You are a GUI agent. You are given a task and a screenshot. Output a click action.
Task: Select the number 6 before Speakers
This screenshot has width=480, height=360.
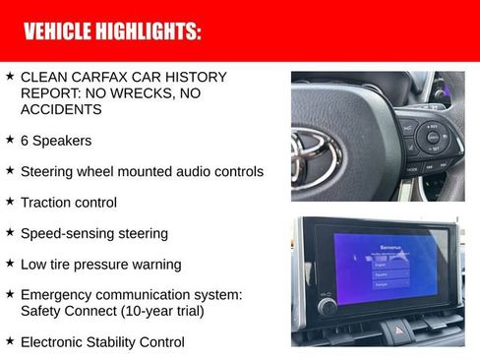25,141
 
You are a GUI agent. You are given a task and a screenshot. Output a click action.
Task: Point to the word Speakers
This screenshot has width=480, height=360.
63,141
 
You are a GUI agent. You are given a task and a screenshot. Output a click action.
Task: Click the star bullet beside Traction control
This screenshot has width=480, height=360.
10,202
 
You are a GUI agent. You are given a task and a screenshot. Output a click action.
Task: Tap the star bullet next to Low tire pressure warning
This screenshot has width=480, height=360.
10,264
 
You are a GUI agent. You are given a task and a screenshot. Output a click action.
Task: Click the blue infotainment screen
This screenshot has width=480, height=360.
390,267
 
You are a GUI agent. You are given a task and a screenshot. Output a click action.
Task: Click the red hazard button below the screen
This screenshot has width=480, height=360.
400,326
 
